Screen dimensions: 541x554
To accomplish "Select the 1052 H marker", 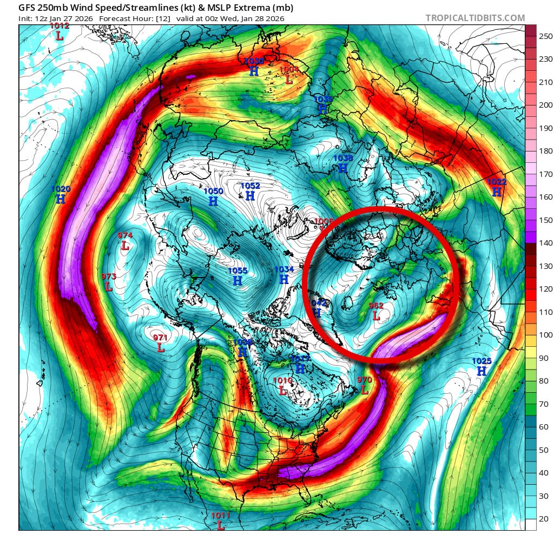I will point(250,191).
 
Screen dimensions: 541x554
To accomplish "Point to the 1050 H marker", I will point(213,196).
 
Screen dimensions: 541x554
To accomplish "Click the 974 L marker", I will point(125,241).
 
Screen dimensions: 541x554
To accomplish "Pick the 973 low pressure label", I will point(109,282).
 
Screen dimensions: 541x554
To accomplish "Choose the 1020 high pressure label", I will point(61,194).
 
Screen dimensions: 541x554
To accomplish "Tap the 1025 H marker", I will point(481,366).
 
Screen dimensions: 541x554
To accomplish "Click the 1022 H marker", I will point(497,187).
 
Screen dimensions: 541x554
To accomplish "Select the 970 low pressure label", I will point(365,385).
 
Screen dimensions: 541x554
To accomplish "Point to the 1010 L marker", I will point(282,386).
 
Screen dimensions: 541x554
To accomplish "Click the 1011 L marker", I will point(221,521).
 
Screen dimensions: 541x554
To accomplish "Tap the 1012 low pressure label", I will point(59,31).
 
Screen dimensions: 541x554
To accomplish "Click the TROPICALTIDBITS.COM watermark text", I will point(475,18).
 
